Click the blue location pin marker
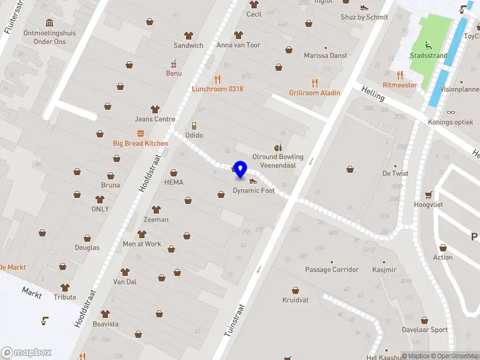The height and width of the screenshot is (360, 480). (x=240, y=169)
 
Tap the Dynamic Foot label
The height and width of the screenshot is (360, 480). (x=254, y=191)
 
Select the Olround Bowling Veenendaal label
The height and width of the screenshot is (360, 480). (x=278, y=161)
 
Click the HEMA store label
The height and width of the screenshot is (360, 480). (x=174, y=182)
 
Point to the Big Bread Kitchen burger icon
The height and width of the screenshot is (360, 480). (x=140, y=133)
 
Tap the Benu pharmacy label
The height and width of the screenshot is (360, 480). (x=174, y=73)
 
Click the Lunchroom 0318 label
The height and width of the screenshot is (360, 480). (x=217, y=89)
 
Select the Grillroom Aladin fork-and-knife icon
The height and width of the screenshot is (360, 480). (x=314, y=83)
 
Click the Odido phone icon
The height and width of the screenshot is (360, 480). (x=194, y=126)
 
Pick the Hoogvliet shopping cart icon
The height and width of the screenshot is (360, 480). (x=428, y=194)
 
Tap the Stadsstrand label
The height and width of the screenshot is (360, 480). (x=428, y=56)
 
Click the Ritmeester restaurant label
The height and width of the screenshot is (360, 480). (x=400, y=85)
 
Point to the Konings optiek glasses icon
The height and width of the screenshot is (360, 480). (x=451, y=112)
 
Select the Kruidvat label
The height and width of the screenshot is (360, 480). (x=296, y=299)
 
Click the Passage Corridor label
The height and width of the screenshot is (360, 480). (x=332, y=270)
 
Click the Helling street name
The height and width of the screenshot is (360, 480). (x=373, y=95)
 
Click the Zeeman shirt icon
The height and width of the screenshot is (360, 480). (x=156, y=209)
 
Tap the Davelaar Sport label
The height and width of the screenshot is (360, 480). (x=425, y=329)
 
